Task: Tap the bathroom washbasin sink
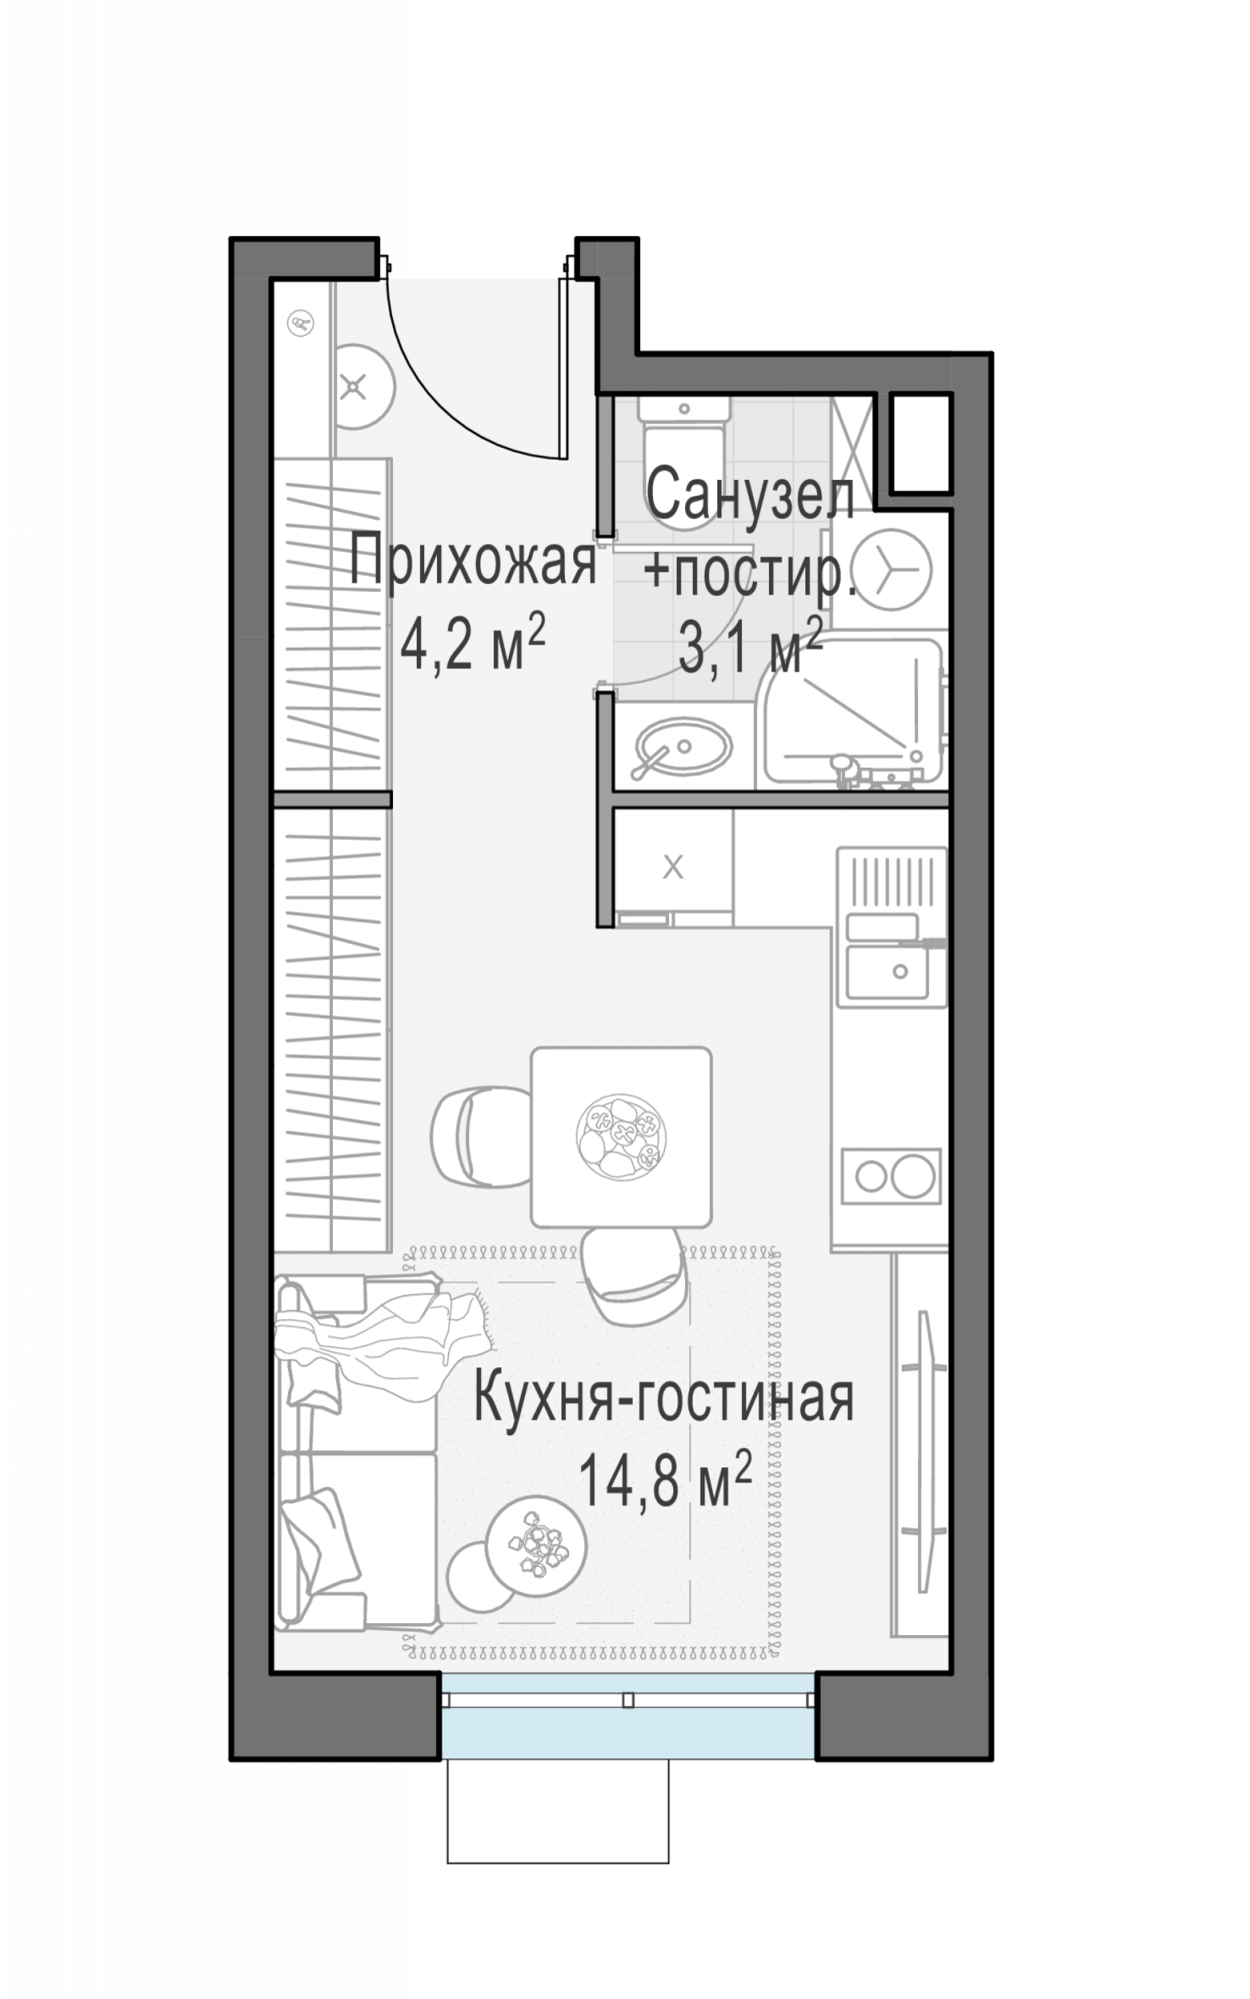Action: pos(683,745)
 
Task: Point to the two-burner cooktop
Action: pos(890,1175)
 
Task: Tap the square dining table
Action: pos(621,1136)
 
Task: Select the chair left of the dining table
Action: pos(478,1136)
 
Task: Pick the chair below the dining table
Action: pos(633,1274)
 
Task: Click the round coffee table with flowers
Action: pos(536,1546)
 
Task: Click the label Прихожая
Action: pos(473,564)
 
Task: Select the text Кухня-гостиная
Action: pos(663,1399)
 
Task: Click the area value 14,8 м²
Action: pos(665,1481)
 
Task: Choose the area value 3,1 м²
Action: pos(750,648)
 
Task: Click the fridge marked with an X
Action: pos(673,867)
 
